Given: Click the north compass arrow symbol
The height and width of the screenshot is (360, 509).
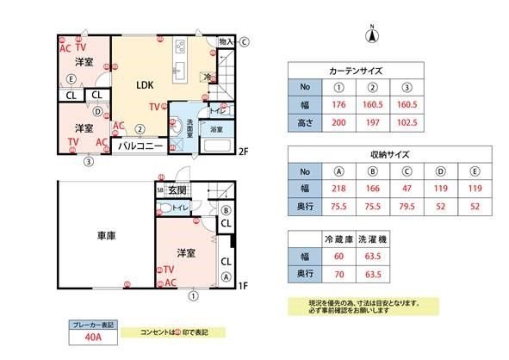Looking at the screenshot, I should click(x=372, y=34).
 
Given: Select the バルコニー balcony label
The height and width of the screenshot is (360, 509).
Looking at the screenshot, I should click(x=140, y=146).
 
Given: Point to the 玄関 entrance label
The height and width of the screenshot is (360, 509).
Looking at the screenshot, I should click(x=177, y=189).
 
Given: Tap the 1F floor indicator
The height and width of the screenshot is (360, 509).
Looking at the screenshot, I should click(x=243, y=287).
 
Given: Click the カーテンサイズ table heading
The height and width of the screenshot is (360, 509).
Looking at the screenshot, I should click(x=356, y=71).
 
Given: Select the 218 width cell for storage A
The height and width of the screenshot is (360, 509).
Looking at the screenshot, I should click(x=338, y=189).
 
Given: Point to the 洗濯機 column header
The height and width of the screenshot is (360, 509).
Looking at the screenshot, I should click(x=373, y=237).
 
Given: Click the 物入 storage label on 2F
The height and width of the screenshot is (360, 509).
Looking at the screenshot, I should click(x=227, y=41).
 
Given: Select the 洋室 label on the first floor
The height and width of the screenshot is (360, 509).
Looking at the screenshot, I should click(x=187, y=252).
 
